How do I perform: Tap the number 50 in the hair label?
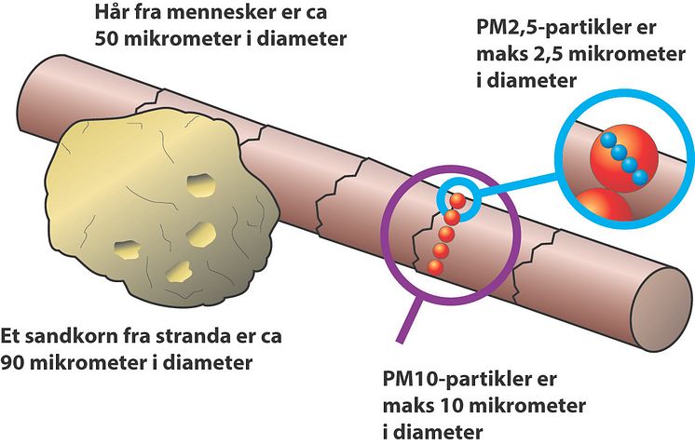tap(105, 38)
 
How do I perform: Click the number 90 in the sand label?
tap(11, 363)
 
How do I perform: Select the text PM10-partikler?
tap(456, 380)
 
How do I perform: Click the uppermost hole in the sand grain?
tap(201, 185)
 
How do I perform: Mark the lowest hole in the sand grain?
tap(180, 272)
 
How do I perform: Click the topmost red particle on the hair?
tap(457, 201)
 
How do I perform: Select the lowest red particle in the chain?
tap(435, 267)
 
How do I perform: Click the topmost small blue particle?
tap(608, 141)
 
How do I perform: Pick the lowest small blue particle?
tap(640, 178)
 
